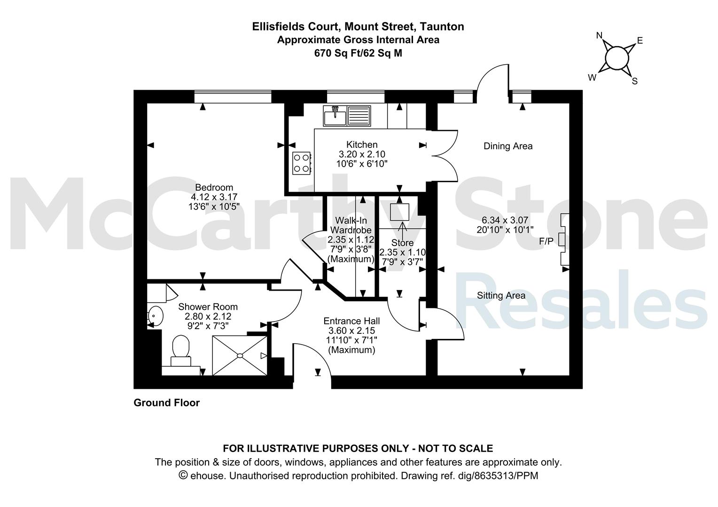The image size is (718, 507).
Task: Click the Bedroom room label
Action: click(214, 187)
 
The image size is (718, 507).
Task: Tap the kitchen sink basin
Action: click(335, 118)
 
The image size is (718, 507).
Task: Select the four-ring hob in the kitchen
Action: click(302, 163)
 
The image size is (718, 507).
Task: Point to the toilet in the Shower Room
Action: click(181, 350)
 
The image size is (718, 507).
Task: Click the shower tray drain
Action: click(240, 355)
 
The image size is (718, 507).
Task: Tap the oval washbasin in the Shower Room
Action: click(156, 316)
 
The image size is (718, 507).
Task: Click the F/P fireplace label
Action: click(546, 241)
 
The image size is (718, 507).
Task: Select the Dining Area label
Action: click(508, 146)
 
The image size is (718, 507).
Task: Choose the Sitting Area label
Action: click(501, 295)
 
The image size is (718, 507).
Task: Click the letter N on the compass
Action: click(599, 35)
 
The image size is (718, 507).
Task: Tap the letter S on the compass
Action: click(635, 81)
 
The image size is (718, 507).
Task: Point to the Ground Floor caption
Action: click(167, 403)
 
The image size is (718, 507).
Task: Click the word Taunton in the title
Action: click(442, 26)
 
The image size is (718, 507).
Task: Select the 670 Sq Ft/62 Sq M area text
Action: click(358, 53)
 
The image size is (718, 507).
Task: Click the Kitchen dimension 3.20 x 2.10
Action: click(362, 154)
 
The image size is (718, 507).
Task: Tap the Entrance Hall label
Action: click(351, 321)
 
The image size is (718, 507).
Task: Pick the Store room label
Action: click(402, 243)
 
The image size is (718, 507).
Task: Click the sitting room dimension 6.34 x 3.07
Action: click(505, 220)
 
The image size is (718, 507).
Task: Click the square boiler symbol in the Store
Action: click(399, 212)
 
